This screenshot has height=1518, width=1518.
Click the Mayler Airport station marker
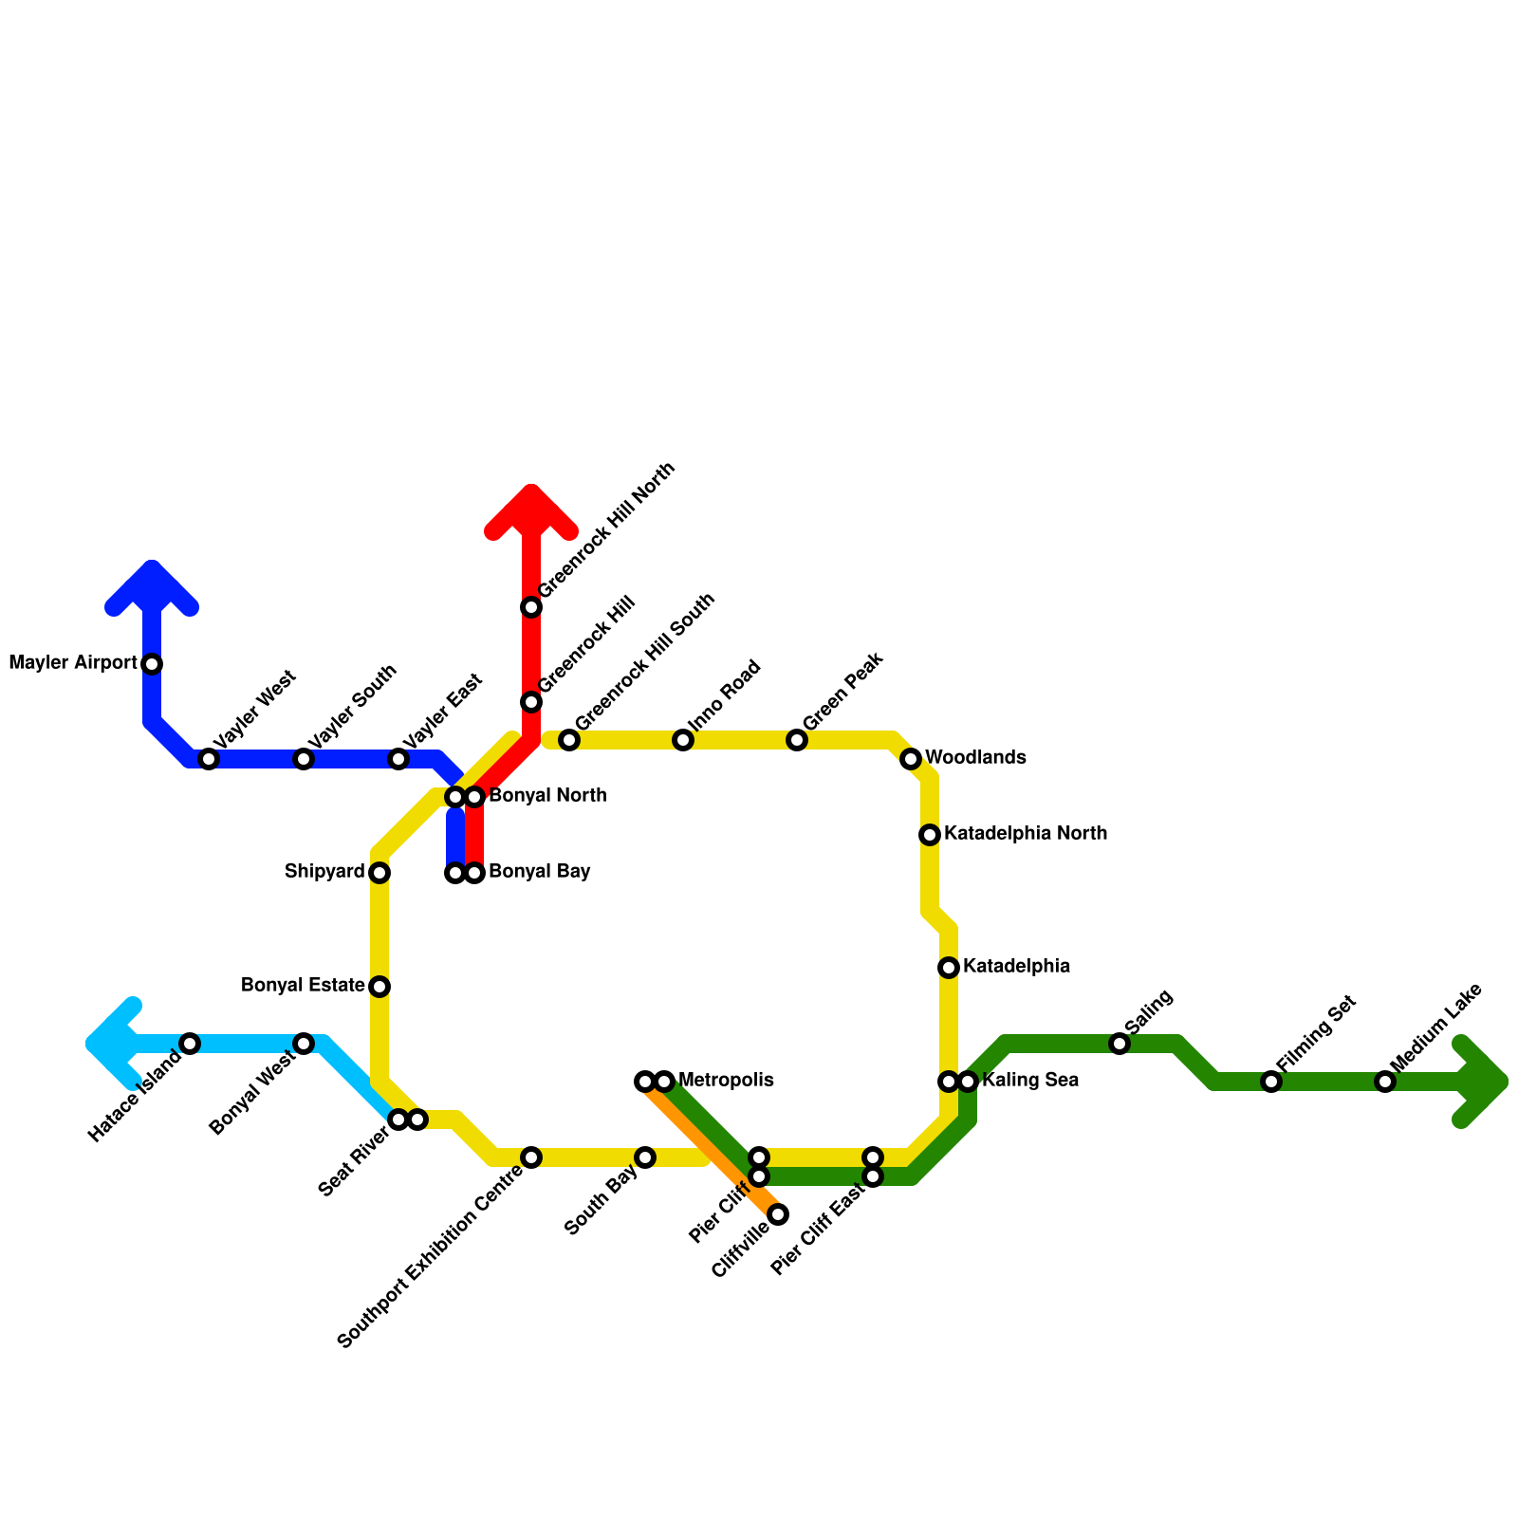pos(152,664)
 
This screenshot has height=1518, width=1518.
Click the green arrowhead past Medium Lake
pos(1488,1082)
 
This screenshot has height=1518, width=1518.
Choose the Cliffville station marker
pos(778,1214)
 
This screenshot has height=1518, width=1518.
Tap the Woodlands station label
pos(975,758)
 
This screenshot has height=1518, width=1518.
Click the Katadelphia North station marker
pos(930,835)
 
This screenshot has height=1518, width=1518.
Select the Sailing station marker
pos(1120,1044)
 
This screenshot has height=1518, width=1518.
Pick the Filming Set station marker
pos(1271,1082)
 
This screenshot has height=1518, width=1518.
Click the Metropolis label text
pos(726,1081)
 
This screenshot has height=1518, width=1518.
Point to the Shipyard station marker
pos(379,873)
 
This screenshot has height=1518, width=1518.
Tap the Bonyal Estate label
pos(303,986)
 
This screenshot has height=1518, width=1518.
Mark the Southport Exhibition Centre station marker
pos(531,1157)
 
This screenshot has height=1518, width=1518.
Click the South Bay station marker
pos(645,1157)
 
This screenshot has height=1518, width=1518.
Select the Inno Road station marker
pos(683,740)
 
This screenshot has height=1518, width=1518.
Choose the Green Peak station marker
pos(797,740)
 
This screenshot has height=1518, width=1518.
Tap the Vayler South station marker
pos(304,759)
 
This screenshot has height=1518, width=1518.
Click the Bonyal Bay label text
pos(540,872)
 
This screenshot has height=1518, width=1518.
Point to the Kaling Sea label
pos(1029,1081)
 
